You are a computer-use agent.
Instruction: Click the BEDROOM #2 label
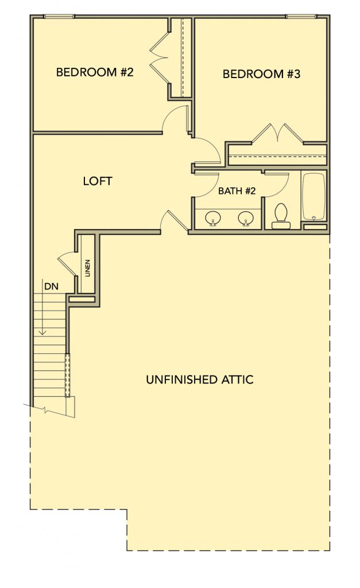pos(95,72)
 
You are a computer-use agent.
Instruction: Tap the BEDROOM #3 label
pos(261,74)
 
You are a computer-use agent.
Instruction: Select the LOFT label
pos(98,181)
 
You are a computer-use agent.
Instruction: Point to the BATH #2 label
pos(237,191)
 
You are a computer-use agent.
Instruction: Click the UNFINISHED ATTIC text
pos(199,380)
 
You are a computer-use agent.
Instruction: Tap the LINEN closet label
pos(88,268)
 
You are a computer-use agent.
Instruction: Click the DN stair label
pos(51,287)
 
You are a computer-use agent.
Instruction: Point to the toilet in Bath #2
pos(281,216)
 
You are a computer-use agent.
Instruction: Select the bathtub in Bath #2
pos(313,196)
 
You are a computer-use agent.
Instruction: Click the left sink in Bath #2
pos(213,218)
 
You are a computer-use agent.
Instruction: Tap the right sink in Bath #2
pos(246,218)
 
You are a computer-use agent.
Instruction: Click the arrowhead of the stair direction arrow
pos(43,332)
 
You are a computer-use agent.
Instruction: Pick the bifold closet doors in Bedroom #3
pos(277,133)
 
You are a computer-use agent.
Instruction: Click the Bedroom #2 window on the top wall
pos(59,16)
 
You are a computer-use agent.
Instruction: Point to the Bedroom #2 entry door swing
pos(176,118)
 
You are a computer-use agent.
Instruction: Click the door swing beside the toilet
pos(276,184)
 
